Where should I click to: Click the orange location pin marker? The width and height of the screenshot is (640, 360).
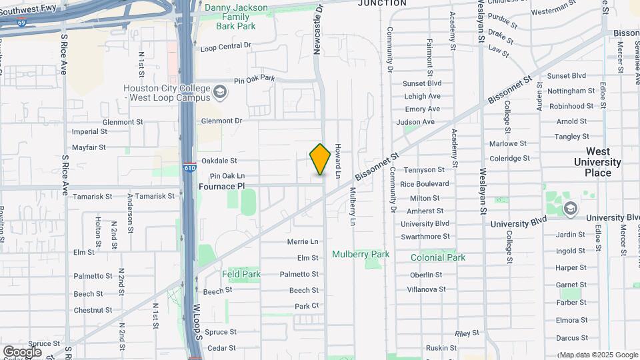point(320,159)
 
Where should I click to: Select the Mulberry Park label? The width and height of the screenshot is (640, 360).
point(361,254)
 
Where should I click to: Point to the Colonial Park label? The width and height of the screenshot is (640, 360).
point(437,257)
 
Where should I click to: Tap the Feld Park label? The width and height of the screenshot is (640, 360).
point(241,274)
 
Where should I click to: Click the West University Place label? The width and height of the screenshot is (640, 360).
point(597,162)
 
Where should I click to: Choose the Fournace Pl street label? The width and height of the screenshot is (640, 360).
point(222,187)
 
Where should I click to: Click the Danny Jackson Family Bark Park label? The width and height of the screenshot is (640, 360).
point(236,17)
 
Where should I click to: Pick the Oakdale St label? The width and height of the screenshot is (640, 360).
point(219,161)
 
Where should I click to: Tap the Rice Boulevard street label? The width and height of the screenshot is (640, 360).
point(425,184)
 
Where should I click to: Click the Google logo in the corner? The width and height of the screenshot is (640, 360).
point(22,351)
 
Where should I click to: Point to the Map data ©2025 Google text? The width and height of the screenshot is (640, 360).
point(598,355)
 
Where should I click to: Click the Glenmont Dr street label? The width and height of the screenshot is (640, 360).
point(221,121)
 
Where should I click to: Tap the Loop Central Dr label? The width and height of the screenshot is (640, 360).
point(225,47)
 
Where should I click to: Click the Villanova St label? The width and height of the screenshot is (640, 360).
point(427,289)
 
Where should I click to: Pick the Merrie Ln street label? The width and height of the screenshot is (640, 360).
point(303,241)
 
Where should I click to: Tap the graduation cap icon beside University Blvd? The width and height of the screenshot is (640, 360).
point(570,209)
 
